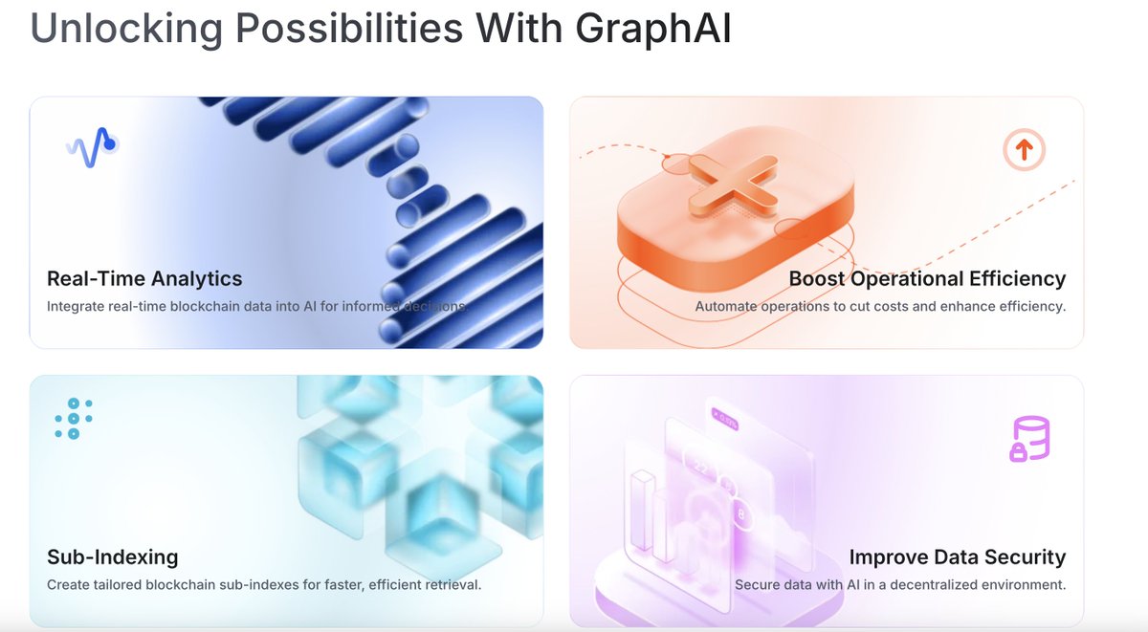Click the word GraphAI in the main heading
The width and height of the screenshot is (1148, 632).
point(653,30)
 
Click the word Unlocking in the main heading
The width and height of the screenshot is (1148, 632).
point(126,28)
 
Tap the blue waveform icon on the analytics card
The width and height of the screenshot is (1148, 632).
point(92,147)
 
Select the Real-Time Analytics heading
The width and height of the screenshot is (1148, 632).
point(144,278)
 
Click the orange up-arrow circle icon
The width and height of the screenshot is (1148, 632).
point(1024,149)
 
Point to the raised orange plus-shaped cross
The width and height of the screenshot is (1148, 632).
point(733,185)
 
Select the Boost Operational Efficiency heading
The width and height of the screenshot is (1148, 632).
point(927,278)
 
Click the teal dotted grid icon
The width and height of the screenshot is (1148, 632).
point(74,419)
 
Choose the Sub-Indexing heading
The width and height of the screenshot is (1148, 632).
point(113,557)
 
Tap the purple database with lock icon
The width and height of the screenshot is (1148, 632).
point(1030,439)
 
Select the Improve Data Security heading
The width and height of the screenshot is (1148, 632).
point(958,557)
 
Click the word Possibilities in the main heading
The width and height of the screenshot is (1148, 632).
point(349,28)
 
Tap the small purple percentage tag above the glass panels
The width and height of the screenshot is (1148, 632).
point(725,420)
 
